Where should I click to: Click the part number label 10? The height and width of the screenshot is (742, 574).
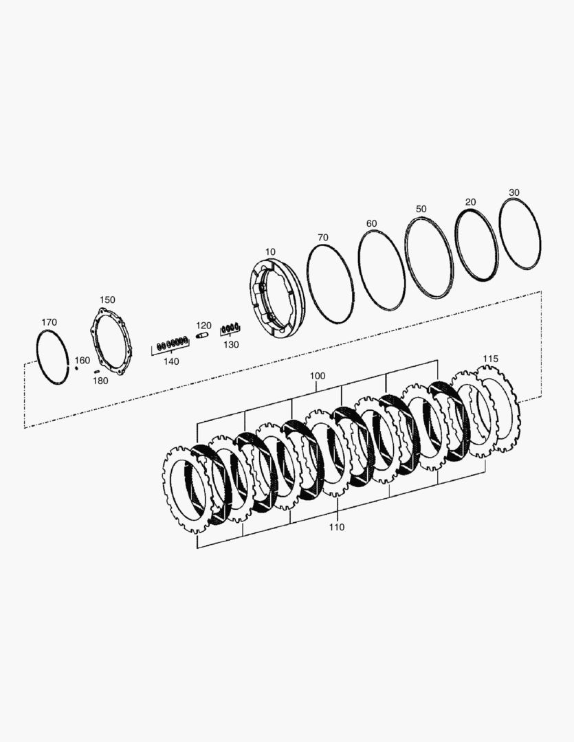[x=270, y=251]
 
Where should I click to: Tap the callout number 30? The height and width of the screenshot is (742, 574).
[x=514, y=192]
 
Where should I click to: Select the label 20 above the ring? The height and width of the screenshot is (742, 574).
[x=470, y=202]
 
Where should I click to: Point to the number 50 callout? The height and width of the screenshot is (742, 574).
[x=421, y=209]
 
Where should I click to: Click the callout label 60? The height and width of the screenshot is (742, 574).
[x=372, y=223]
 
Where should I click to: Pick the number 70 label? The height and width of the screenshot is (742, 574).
[x=323, y=238]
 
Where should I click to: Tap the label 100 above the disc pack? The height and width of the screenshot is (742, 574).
[x=318, y=376]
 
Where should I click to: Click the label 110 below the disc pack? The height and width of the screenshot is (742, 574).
[x=337, y=527]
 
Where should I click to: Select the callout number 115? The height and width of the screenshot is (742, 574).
[x=491, y=359]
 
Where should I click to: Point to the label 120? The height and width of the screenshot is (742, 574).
[x=203, y=326]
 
